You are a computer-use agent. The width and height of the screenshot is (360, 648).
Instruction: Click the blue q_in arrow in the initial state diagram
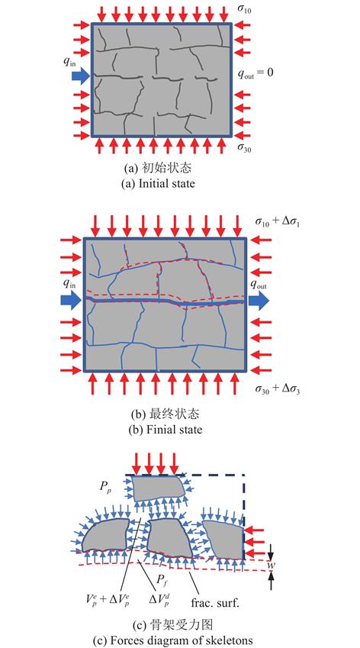tap(80, 76)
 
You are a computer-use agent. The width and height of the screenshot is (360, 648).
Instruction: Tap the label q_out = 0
tap(256, 73)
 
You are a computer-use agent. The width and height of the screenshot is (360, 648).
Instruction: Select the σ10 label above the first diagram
tap(244, 8)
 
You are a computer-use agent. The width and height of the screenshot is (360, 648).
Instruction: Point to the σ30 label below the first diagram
tap(244, 147)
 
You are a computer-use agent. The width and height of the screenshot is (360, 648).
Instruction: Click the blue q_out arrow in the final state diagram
tap(259, 301)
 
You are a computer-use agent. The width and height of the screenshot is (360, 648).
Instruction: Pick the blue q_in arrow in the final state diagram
tap(72, 301)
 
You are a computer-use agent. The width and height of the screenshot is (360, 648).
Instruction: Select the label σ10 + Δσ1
tap(278, 223)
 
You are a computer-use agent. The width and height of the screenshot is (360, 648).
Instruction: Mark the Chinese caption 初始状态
tap(168, 169)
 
